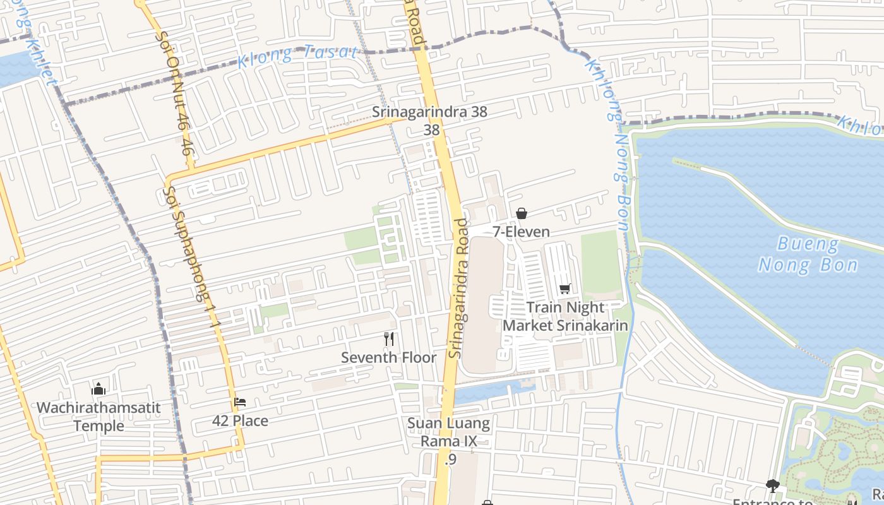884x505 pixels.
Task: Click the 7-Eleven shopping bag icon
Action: coord(522,213)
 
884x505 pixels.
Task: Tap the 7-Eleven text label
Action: coord(522,232)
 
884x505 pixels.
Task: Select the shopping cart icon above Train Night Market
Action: coord(564,288)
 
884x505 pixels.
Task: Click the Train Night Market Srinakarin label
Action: coord(565,316)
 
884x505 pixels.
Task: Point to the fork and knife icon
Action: coord(389,339)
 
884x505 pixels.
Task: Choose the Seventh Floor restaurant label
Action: coord(389,357)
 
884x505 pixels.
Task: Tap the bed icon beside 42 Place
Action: coord(240,401)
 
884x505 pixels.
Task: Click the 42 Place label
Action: coord(240,420)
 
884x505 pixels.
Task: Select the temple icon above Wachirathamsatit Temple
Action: coord(99,388)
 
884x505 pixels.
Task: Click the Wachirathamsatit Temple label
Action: coord(99,416)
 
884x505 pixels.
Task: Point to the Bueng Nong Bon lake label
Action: coord(808,254)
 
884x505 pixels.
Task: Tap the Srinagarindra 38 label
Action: coord(429,112)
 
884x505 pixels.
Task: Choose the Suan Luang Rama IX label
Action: coord(448,432)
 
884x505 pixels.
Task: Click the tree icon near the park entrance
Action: coord(772,485)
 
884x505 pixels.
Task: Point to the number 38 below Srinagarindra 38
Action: coord(431,129)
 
